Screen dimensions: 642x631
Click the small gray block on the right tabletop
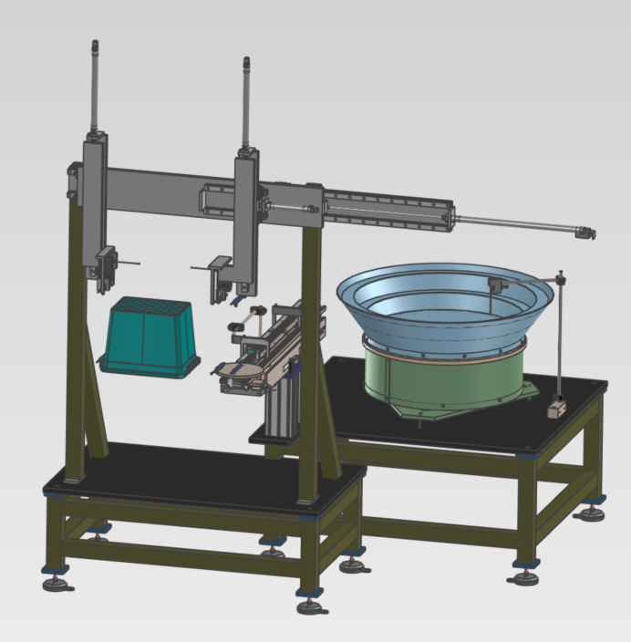click(554, 410)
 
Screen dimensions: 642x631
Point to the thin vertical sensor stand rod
click(559, 337)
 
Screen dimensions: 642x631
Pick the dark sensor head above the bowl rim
click(496, 285)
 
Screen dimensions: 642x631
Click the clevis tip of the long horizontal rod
click(585, 233)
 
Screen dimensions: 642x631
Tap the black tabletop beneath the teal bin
click(201, 474)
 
